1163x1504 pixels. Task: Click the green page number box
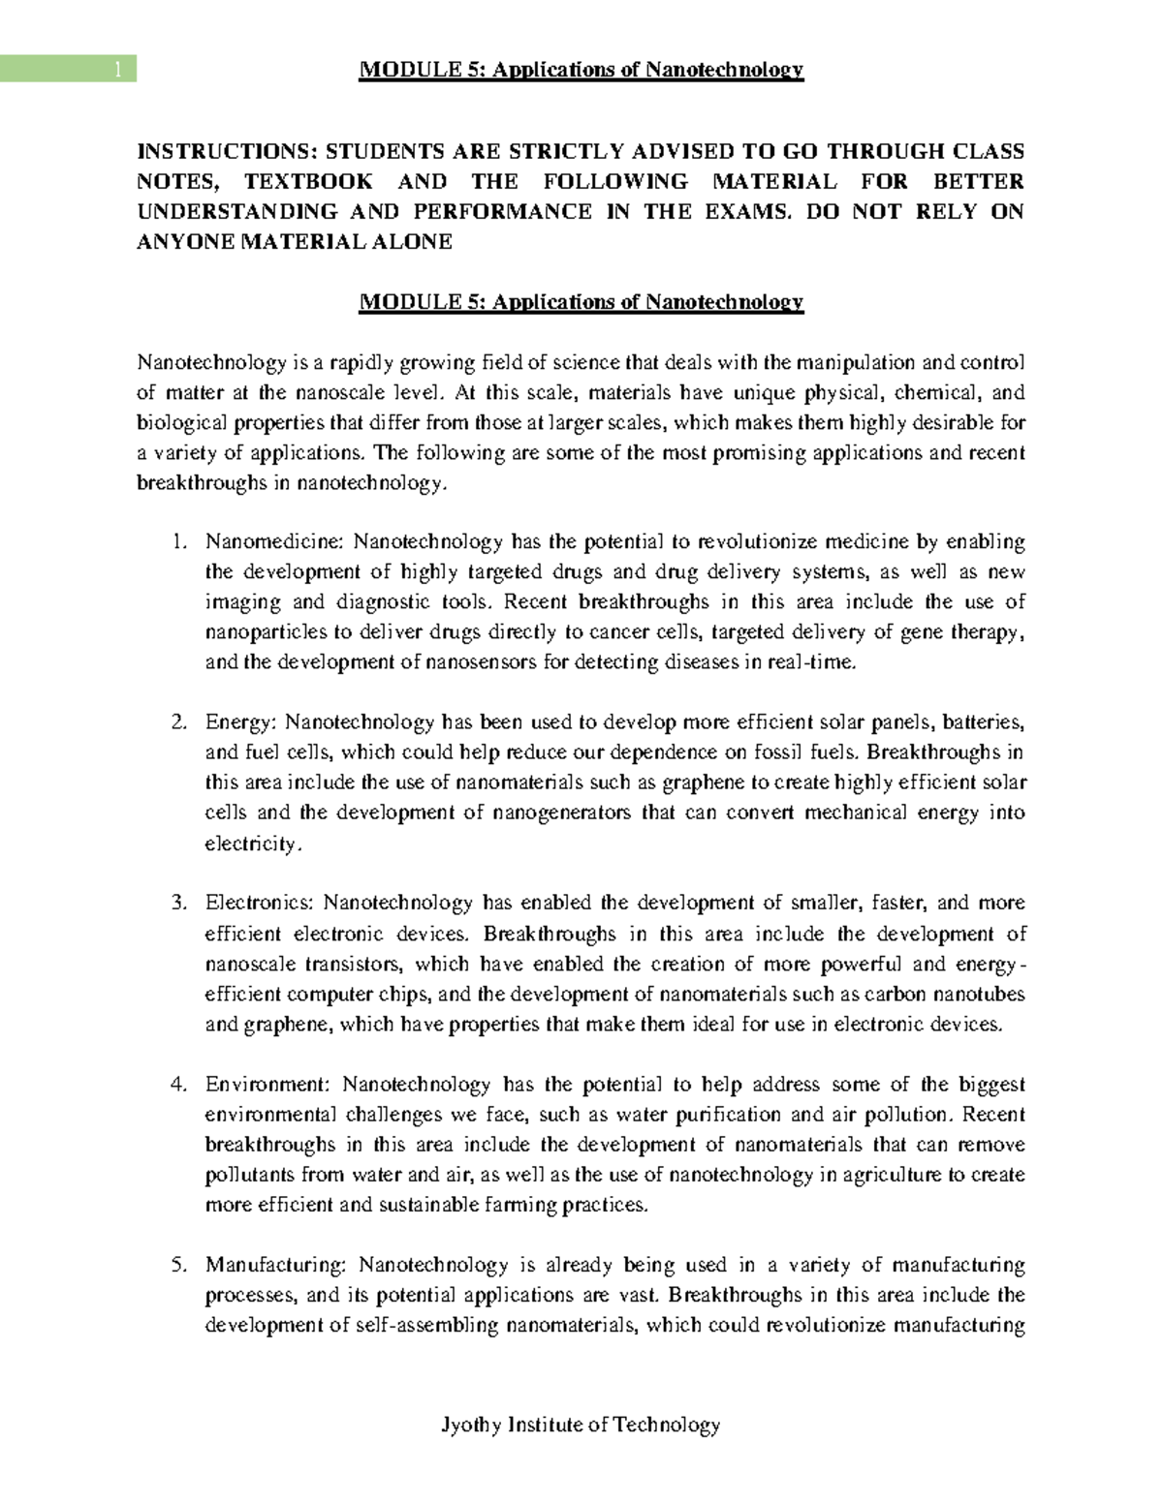68,69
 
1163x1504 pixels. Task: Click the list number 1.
177,541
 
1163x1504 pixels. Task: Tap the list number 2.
177,722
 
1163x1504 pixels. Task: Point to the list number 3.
177,904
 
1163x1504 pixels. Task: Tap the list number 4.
177,1085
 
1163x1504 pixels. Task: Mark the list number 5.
177,1266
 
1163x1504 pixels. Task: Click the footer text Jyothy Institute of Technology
581,1425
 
